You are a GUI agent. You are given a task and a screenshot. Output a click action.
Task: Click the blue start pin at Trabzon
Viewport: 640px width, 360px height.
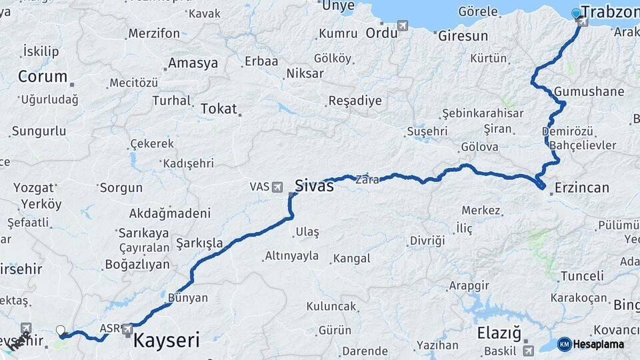click(x=577, y=13)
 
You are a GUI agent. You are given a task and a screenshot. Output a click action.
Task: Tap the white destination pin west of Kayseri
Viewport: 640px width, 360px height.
click(x=61, y=330)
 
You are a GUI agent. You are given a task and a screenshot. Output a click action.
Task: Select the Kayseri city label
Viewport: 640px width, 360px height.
click(x=167, y=341)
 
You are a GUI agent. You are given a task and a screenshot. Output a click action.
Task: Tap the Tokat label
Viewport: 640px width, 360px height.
click(x=219, y=108)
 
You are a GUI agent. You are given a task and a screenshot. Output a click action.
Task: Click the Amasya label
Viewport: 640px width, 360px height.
click(x=193, y=63)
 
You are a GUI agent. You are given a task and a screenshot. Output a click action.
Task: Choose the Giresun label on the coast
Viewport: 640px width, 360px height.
click(x=463, y=36)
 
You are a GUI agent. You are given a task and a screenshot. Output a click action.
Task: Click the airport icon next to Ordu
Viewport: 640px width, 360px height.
click(x=403, y=25)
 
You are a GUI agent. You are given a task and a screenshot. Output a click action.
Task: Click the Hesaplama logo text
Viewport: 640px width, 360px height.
click(x=599, y=344)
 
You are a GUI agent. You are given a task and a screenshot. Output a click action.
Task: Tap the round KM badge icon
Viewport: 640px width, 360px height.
click(x=564, y=344)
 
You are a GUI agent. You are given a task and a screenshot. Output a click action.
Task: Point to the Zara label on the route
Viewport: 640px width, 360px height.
click(x=367, y=179)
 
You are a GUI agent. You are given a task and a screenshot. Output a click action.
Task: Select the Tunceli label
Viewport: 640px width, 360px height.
click(x=581, y=275)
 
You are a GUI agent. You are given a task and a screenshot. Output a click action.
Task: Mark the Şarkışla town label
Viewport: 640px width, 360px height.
click(x=199, y=243)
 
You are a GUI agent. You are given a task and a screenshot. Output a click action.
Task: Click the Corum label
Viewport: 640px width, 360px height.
click(x=43, y=77)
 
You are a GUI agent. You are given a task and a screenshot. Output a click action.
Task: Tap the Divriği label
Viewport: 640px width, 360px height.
click(x=427, y=241)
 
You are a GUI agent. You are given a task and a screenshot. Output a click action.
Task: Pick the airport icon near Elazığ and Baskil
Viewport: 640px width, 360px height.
click(x=529, y=349)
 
